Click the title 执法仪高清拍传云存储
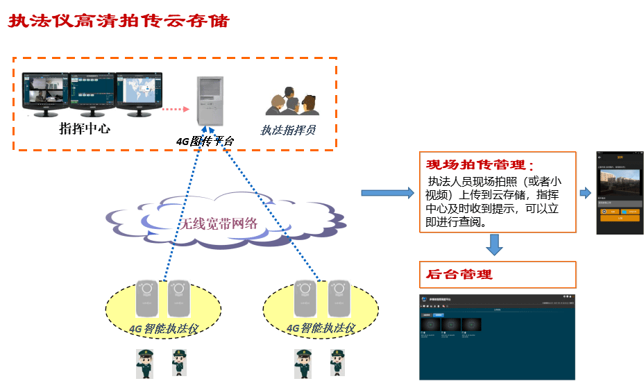tap(119, 21)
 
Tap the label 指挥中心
tap(85, 128)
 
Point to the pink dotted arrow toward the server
tap(174, 109)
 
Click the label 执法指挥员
tap(288, 129)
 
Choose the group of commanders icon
tap(292, 102)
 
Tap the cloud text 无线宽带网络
tap(219, 223)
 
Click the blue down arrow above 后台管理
tap(494, 244)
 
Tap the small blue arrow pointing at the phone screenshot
tap(585, 192)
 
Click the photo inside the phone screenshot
tap(620, 181)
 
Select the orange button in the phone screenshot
tap(620, 217)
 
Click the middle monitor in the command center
tap(92, 93)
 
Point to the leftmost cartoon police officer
tap(145, 364)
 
